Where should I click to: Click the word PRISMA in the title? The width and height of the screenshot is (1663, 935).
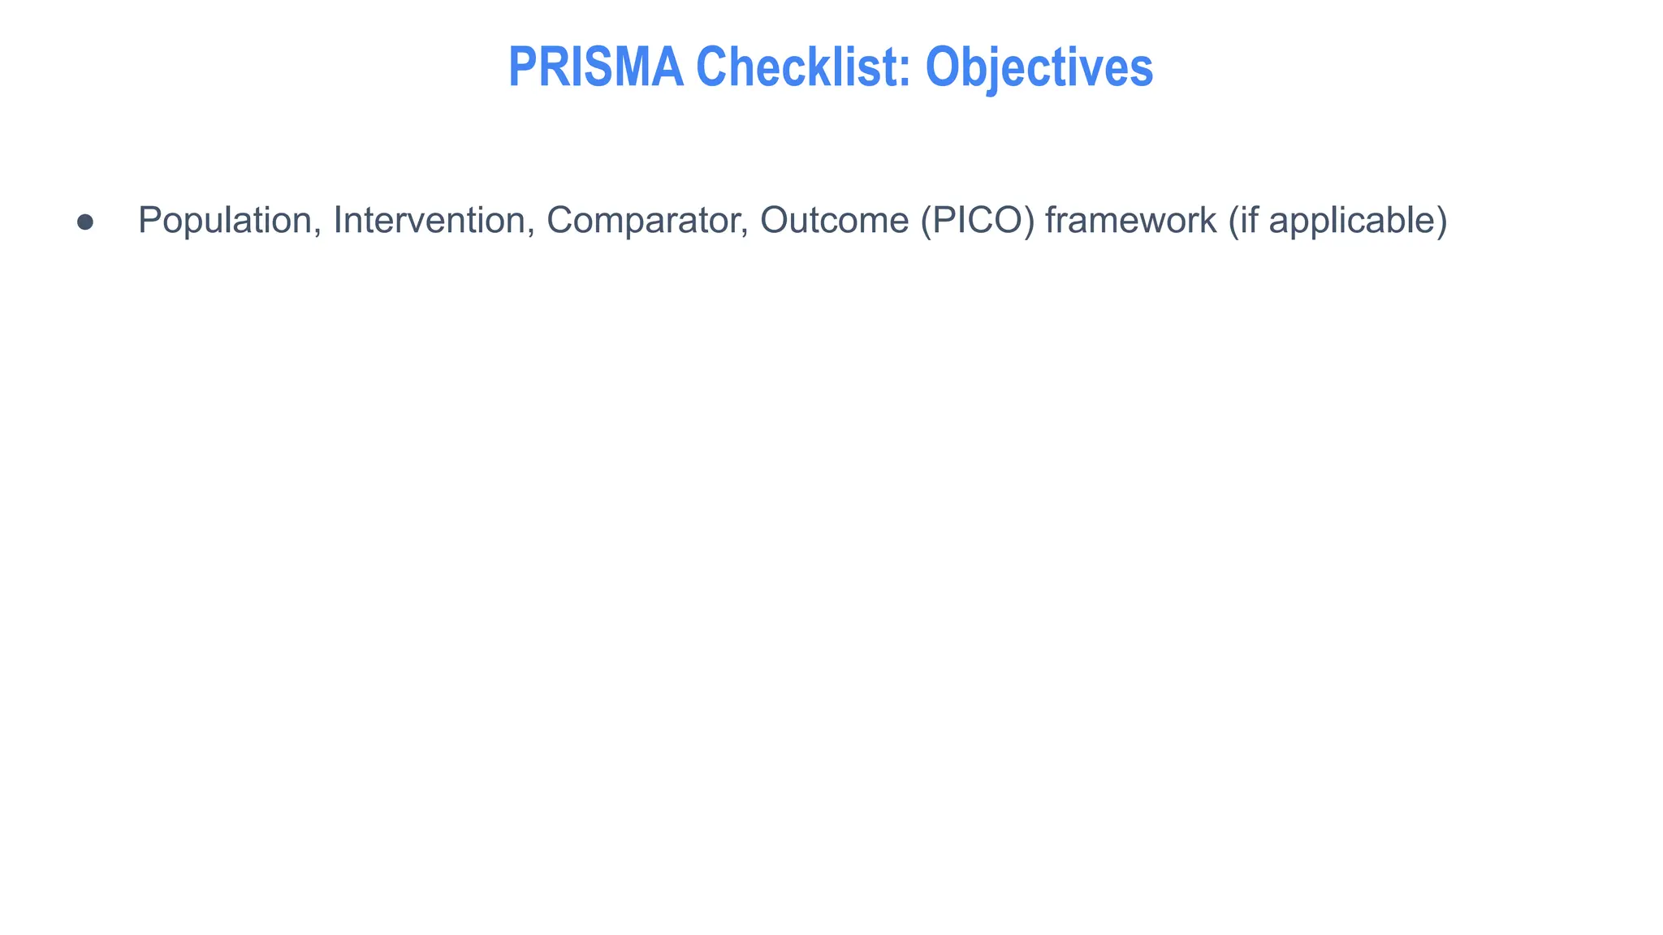coord(595,67)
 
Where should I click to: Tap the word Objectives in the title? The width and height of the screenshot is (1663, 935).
coord(1039,67)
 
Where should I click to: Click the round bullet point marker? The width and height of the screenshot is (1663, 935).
coord(85,222)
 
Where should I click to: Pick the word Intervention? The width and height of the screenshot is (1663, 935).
coord(429,221)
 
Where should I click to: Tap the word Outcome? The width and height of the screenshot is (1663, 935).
coord(834,221)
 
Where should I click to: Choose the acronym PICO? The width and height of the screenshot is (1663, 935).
coord(978,221)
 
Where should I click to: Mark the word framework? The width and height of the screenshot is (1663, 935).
coord(1130,221)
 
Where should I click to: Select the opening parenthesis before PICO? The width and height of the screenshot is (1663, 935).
coord(926,221)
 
